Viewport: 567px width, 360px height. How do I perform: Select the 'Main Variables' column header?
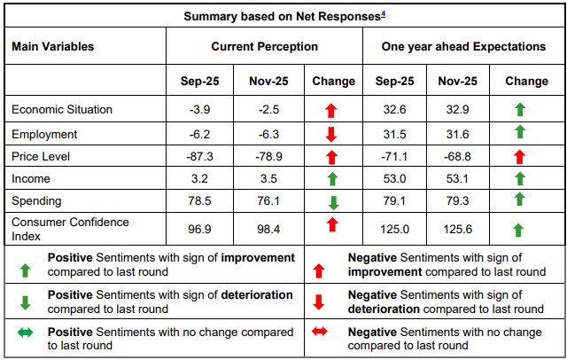[x=52, y=46]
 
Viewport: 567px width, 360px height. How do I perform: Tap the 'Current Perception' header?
[x=264, y=46]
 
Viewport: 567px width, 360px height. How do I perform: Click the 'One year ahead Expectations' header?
[x=463, y=46]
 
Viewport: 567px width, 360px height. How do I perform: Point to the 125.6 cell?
[x=457, y=230]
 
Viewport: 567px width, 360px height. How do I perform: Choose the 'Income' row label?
[x=31, y=179]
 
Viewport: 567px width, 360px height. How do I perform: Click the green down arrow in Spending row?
[x=334, y=202]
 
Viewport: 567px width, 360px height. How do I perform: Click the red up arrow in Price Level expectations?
[x=519, y=156]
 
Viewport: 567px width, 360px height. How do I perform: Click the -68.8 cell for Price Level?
[x=457, y=155]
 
